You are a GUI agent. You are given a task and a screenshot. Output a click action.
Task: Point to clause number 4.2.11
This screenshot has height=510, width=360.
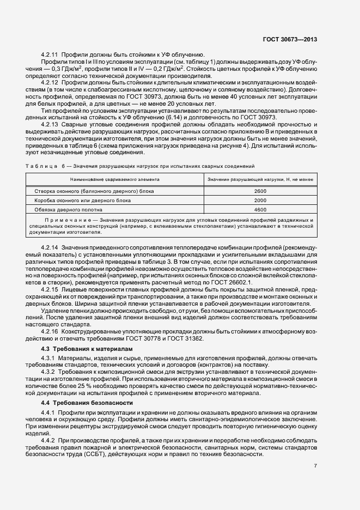point(50,55)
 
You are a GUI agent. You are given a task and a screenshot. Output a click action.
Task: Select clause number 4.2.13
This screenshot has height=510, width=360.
point(50,124)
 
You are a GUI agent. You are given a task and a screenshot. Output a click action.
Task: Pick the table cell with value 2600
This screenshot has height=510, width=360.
point(260,191)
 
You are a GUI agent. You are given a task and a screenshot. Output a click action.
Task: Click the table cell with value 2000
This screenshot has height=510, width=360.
point(260,200)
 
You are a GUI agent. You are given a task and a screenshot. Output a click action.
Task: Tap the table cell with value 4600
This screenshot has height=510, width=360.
point(260,209)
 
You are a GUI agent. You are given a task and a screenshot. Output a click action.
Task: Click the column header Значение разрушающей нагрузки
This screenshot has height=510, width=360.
point(260,179)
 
